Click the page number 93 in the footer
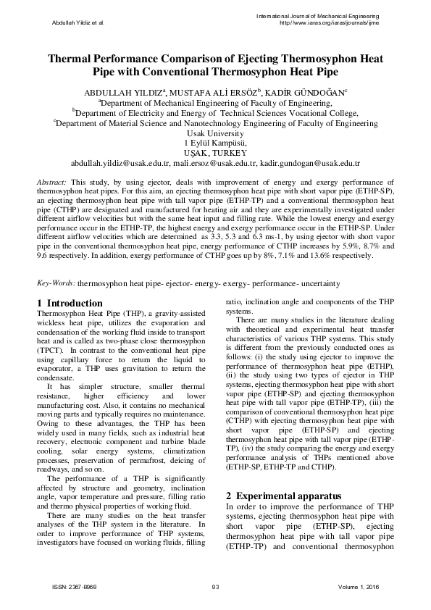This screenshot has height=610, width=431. pyautogui.click(x=215, y=586)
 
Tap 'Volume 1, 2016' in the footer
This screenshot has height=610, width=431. pyautogui.click(x=355, y=586)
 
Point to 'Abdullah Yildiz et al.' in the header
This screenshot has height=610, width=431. pyautogui.click(x=78, y=22)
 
